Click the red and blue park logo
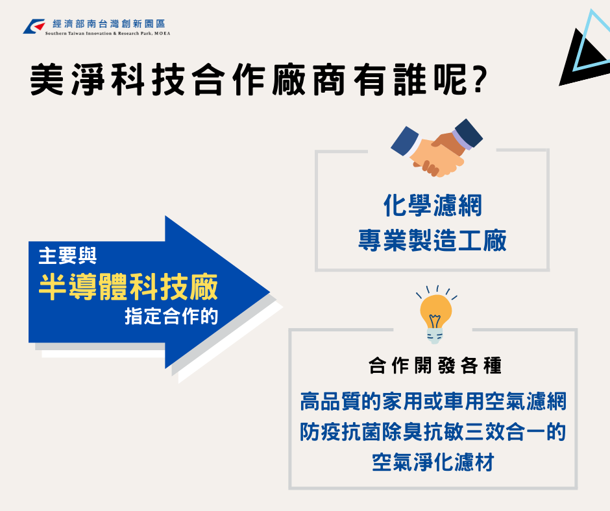[x=34, y=27]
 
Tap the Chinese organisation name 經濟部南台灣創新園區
[x=109, y=24]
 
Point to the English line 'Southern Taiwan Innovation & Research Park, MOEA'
[x=108, y=34]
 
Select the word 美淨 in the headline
[x=67, y=80]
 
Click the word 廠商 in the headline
[x=309, y=80]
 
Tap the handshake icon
[x=437, y=148]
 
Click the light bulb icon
[x=436, y=315]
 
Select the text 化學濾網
[x=433, y=206]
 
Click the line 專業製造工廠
[x=432, y=240]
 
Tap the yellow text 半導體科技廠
[x=128, y=287]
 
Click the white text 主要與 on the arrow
[x=67, y=256]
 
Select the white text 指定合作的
[x=171, y=316]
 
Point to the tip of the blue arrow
[x=269, y=292]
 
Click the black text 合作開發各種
[x=435, y=366]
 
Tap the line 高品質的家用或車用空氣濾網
[x=433, y=401]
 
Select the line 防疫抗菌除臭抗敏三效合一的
[x=433, y=432]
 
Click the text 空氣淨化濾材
[x=433, y=462]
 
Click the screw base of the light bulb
[x=435, y=336]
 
